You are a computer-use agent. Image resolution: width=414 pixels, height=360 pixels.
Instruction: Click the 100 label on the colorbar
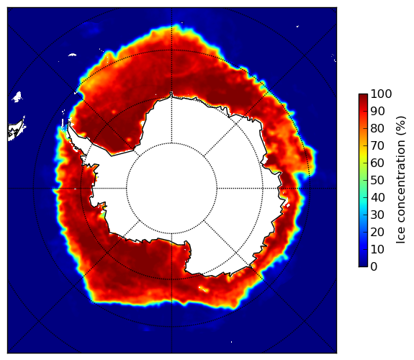click(x=381, y=94)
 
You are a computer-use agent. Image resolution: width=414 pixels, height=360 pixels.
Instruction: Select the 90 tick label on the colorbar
click(x=377, y=111)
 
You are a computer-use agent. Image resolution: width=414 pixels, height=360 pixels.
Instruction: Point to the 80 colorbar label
click(x=377, y=129)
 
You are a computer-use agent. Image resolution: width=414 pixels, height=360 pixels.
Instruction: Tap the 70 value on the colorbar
click(x=377, y=145)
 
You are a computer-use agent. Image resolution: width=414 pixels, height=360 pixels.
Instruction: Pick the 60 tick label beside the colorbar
click(x=377, y=163)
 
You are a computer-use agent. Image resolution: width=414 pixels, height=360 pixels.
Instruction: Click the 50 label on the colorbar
click(x=377, y=181)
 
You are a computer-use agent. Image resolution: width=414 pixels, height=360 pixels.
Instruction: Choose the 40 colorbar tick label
click(x=377, y=197)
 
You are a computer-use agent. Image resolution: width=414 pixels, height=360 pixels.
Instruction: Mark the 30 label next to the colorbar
click(x=377, y=215)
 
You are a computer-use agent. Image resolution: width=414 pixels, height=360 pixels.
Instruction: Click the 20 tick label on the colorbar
click(x=377, y=232)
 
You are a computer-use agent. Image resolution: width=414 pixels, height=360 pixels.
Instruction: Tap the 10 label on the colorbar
click(x=377, y=249)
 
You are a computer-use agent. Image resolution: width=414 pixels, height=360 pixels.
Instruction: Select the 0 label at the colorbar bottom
click(x=374, y=267)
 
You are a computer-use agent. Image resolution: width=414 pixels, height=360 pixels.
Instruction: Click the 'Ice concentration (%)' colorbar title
click(x=401, y=180)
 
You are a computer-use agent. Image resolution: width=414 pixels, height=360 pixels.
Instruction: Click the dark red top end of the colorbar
click(x=363, y=96)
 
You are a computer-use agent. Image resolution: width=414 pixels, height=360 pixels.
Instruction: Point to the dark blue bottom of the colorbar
click(x=363, y=265)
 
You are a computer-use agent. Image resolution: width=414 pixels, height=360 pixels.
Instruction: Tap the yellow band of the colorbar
click(x=363, y=154)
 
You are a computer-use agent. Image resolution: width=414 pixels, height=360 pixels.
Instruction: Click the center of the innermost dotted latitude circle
click(x=171, y=189)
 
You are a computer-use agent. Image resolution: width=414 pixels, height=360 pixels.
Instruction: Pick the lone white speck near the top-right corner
click(x=297, y=26)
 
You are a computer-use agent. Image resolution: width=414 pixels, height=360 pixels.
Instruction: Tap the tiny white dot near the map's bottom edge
click(x=232, y=342)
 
